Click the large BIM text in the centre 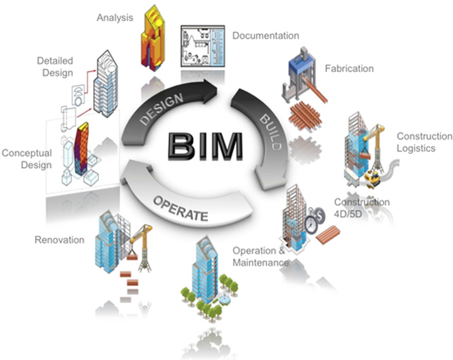coord(205,146)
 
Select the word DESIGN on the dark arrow coord(161,109)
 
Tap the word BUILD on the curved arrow coord(271,132)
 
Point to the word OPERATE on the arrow coord(180,208)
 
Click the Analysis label coord(115,18)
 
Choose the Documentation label coord(266,36)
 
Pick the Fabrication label coord(349,68)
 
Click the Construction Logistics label coord(424,142)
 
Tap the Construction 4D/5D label coord(361,208)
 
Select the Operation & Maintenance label coord(261,257)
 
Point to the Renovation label coord(59,240)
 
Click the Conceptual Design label coord(27,159)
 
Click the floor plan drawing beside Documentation coord(203,46)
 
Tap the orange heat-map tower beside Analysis coord(153,37)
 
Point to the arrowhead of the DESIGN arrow coord(210,91)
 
